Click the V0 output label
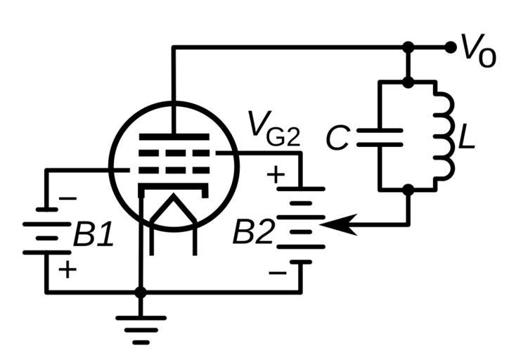[x=478, y=51]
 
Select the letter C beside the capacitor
[x=338, y=139]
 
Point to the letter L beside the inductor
[x=466, y=139]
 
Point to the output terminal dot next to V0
[x=451, y=47]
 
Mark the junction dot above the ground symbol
[x=141, y=292]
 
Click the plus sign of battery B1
[x=67, y=269]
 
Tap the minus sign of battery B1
[x=67, y=199]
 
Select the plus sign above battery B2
[x=274, y=174]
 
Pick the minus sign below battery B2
[x=277, y=271]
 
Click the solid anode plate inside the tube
[x=174, y=136]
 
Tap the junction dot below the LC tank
[x=408, y=189]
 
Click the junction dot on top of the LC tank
[x=408, y=82]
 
